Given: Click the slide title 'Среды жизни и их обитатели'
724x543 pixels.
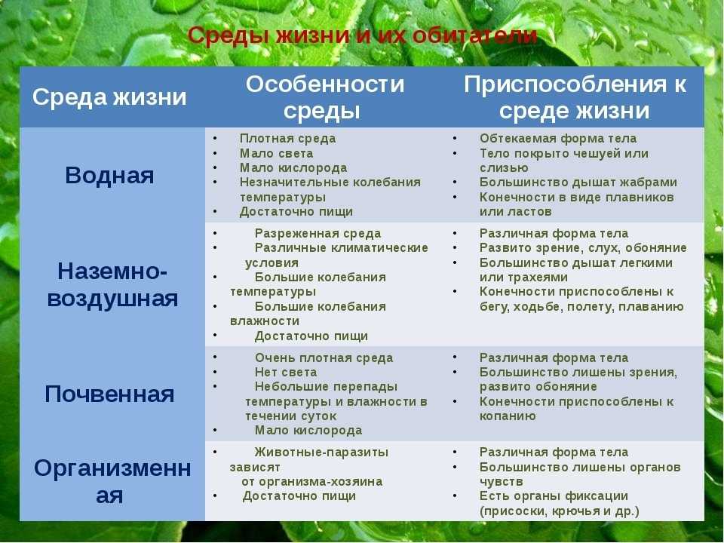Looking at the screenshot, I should point(362,35).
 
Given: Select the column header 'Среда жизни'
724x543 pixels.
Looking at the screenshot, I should point(109,97).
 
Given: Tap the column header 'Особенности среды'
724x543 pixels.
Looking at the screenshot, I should point(325,97).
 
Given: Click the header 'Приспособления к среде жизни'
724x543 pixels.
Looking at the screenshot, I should point(575,97).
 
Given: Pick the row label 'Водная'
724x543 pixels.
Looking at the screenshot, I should point(110,175).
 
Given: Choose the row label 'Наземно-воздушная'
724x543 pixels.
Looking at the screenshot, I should point(112,284).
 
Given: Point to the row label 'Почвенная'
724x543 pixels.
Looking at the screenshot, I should point(110,394).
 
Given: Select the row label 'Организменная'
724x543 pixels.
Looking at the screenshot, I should point(112,481).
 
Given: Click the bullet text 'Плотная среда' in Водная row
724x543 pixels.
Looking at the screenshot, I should point(287,139).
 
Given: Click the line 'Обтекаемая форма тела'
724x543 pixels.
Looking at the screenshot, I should point(558,139).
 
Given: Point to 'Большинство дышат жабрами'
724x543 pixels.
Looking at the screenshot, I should point(578,183).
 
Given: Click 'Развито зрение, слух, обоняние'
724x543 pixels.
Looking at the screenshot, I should point(583,248).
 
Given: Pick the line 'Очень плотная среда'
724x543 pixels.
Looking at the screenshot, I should point(324,358).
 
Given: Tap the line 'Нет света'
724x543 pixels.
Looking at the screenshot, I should point(285,373).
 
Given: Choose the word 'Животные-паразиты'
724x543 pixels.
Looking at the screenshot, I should point(321,452).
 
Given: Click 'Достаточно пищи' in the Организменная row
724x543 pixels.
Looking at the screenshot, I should point(299,496).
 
